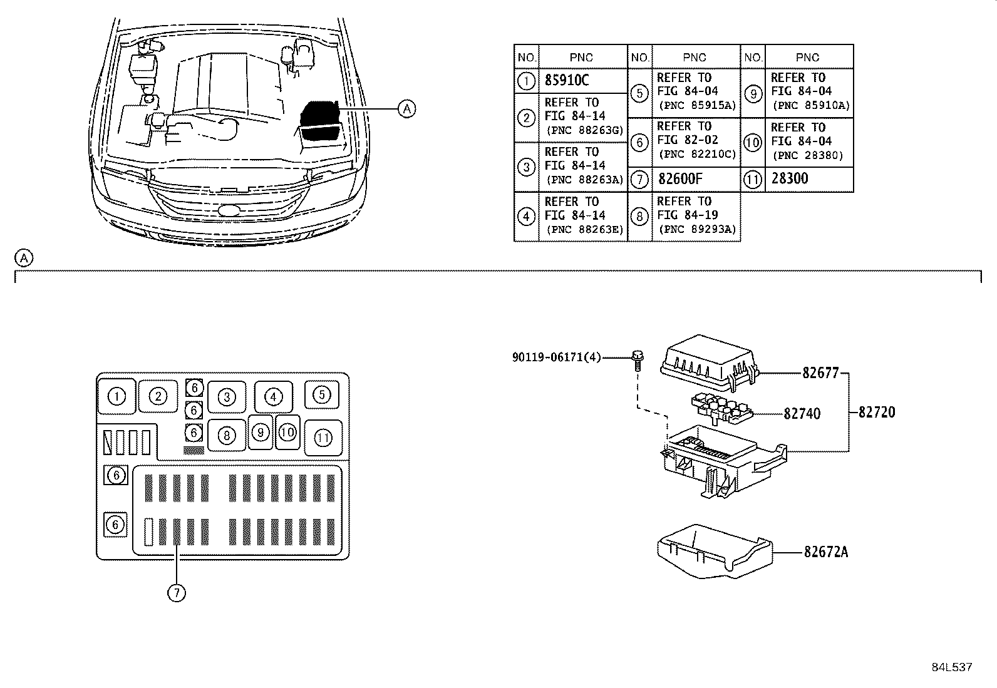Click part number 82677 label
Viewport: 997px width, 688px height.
pos(820,372)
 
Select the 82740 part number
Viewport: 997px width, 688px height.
pos(802,413)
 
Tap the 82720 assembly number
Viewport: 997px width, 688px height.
pos(876,412)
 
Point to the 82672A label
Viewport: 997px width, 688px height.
pos(826,552)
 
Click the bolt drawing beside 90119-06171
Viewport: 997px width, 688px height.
pos(637,359)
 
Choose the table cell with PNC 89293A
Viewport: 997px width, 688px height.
pos(696,215)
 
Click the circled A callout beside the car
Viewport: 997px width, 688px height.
pos(407,109)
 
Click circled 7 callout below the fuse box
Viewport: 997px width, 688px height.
pos(177,592)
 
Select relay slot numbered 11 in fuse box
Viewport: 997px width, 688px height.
pos(323,438)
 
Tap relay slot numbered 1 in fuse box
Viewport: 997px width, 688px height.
pos(117,396)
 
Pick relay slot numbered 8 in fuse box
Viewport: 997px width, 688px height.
pos(226,435)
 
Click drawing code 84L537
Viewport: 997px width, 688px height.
pos(951,667)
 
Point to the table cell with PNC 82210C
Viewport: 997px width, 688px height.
pos(696,141)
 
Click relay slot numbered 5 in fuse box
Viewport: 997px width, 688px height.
pos(321,394)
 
